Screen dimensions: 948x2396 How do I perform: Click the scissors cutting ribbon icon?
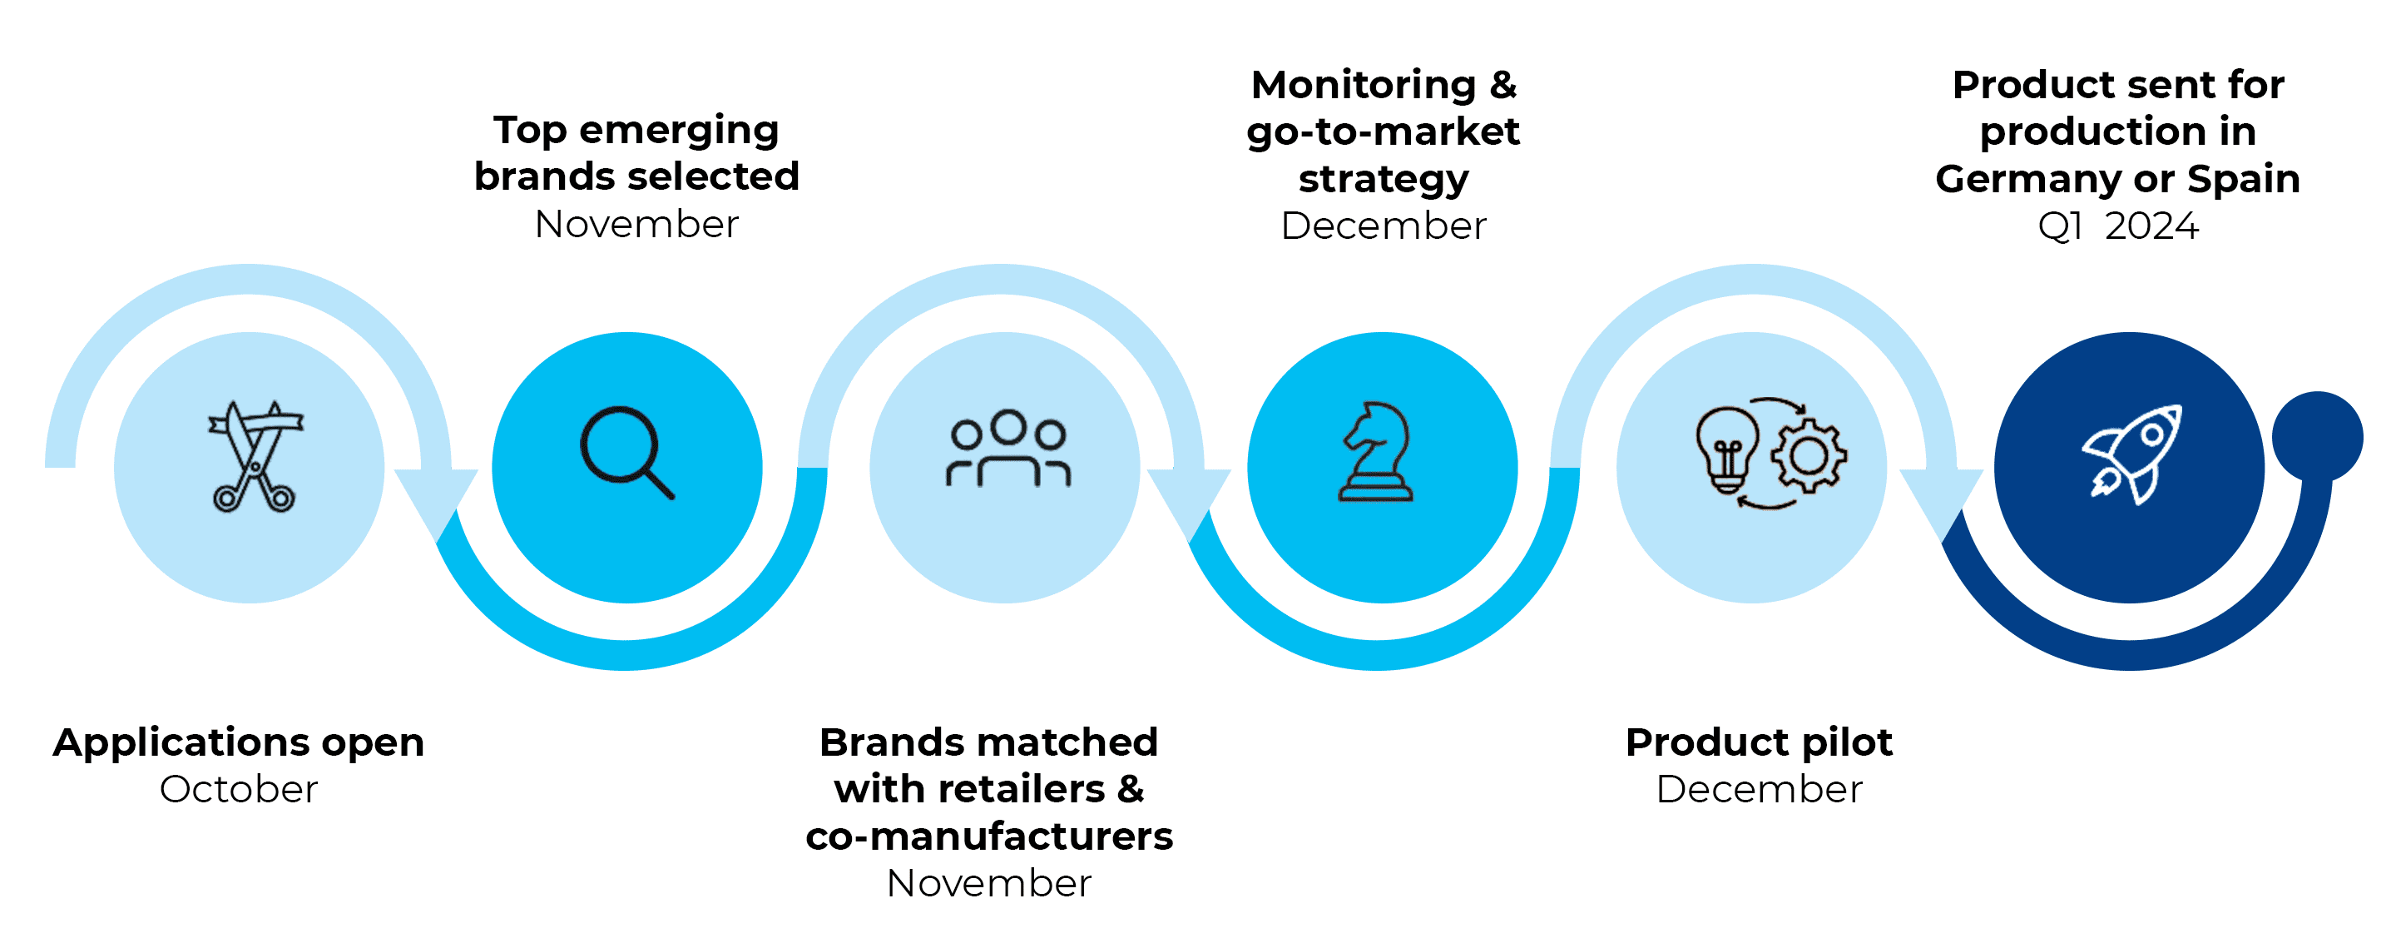point(253,456)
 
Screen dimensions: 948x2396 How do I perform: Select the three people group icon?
point(1008,449)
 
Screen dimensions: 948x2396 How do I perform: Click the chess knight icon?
point(1377,452)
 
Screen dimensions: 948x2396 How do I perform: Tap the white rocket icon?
point(2131,454)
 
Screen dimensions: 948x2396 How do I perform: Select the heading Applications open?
point(238,742)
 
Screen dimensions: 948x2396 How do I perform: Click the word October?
point(238,789)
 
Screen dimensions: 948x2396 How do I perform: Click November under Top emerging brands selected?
point(636,224)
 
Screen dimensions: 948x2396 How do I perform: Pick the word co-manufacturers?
point(988,836)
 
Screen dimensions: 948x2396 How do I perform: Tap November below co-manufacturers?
point(988,883)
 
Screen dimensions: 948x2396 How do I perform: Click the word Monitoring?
point(1363,85)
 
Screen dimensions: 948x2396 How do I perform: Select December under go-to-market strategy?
point(1383,226)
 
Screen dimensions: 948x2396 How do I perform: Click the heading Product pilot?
point(1758,742)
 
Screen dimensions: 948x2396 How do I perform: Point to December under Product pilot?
point(1758,789)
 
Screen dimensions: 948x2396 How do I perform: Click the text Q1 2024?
point(2117,226)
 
